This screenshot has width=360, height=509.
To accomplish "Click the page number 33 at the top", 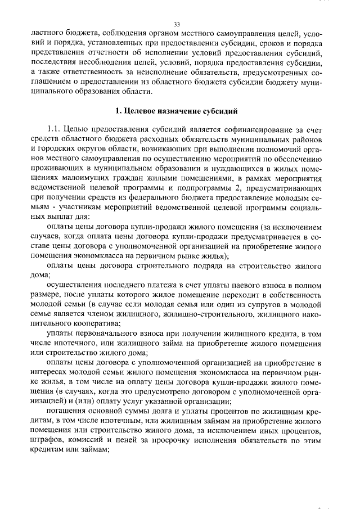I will pyautogui.click(x=177, y=25).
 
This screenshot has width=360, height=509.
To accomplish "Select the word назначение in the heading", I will pyautogui.click(x=198, y=110).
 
